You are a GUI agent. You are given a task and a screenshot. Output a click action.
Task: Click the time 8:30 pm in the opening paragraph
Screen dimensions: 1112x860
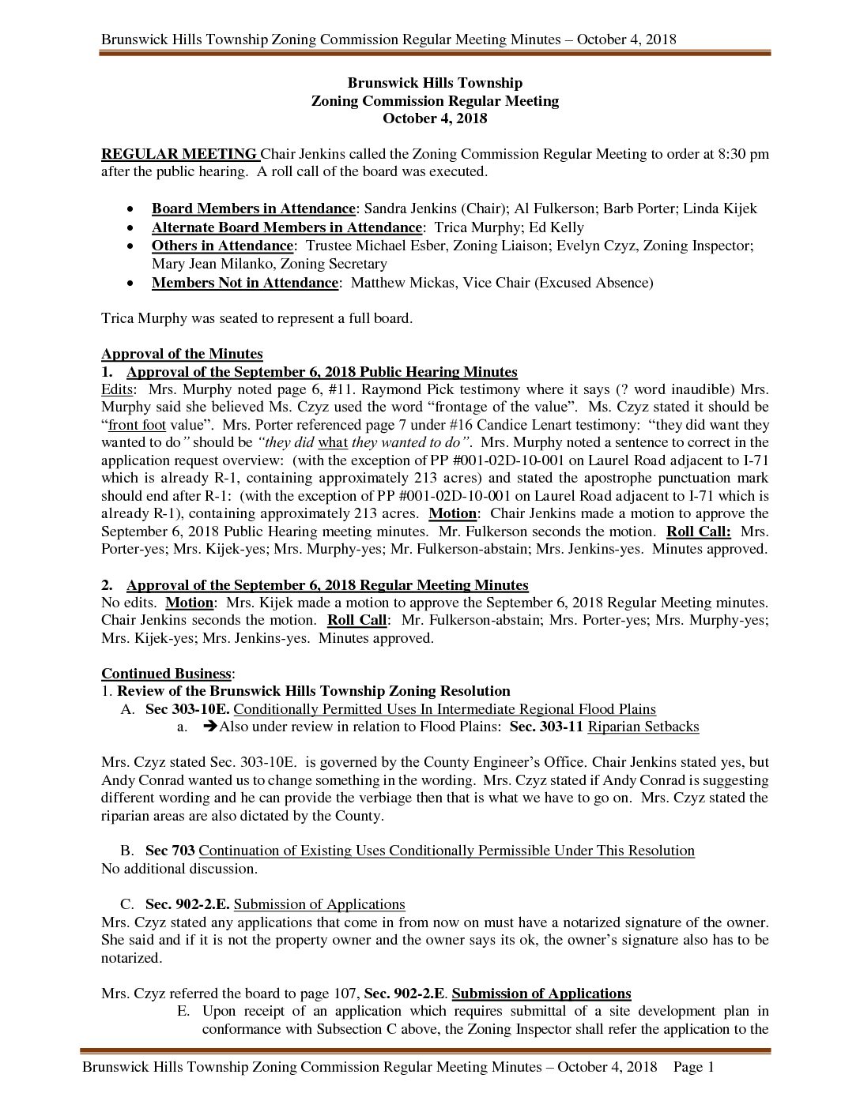tap(742, 154)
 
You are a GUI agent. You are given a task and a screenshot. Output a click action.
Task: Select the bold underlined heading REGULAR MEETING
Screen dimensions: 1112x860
tap(179, 154)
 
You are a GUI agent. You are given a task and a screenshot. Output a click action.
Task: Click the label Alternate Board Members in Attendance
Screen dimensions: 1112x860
tap(286, 227)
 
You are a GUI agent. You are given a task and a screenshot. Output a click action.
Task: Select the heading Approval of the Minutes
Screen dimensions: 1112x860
tap(182, 354)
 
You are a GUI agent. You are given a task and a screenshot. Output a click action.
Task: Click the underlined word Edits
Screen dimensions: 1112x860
tap(118, 389)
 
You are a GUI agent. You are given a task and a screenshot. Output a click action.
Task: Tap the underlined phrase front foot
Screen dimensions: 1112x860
tap(136, 425)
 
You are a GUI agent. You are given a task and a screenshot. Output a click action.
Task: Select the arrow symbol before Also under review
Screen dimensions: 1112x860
tap(209, 727)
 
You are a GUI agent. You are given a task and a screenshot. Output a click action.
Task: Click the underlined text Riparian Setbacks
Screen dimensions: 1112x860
tap(643, 727)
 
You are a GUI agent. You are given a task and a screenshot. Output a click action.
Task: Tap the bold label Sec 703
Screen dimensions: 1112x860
tap(168, 851)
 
